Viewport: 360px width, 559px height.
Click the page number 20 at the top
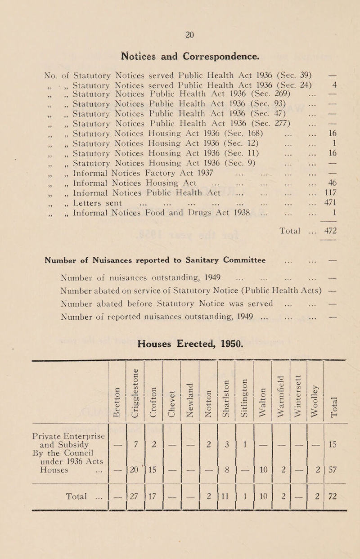180,9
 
